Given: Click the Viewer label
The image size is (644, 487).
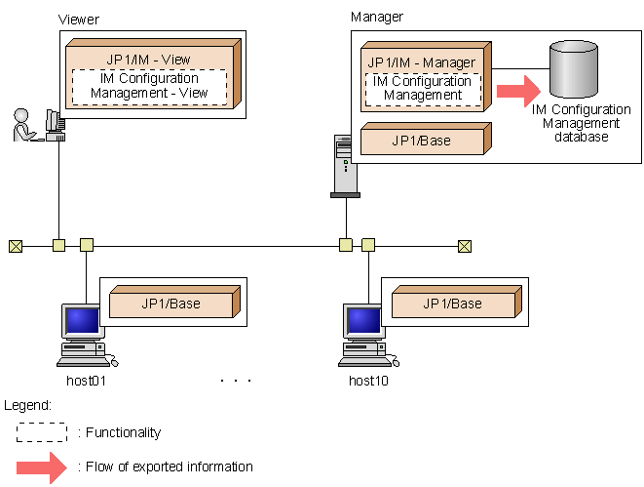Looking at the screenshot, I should [80, 20].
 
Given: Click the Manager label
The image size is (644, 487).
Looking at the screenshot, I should [376, 17].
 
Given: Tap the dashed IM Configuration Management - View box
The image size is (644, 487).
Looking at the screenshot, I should [149, 86].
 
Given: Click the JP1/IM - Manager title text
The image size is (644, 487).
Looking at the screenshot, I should [422, 62].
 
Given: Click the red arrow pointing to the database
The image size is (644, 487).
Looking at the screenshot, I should [517, 91].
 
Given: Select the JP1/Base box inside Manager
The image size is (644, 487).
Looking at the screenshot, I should [422, 141].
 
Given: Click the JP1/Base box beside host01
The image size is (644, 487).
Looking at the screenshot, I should [170, 304].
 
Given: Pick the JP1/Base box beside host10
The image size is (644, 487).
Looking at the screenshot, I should [452, 304].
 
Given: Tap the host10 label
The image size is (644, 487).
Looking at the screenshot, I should [368, 380].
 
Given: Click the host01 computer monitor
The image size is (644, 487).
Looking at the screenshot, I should [81, 321].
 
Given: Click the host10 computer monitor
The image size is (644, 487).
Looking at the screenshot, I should [364, 321].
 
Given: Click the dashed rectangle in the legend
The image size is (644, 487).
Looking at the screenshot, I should [42, 431].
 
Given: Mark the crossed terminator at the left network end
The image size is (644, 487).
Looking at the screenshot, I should [15, 245].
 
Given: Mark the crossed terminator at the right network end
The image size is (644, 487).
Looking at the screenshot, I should [465, 245].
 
